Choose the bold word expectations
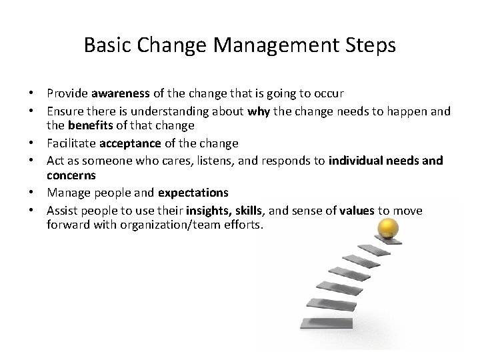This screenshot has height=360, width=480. [193, 192]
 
